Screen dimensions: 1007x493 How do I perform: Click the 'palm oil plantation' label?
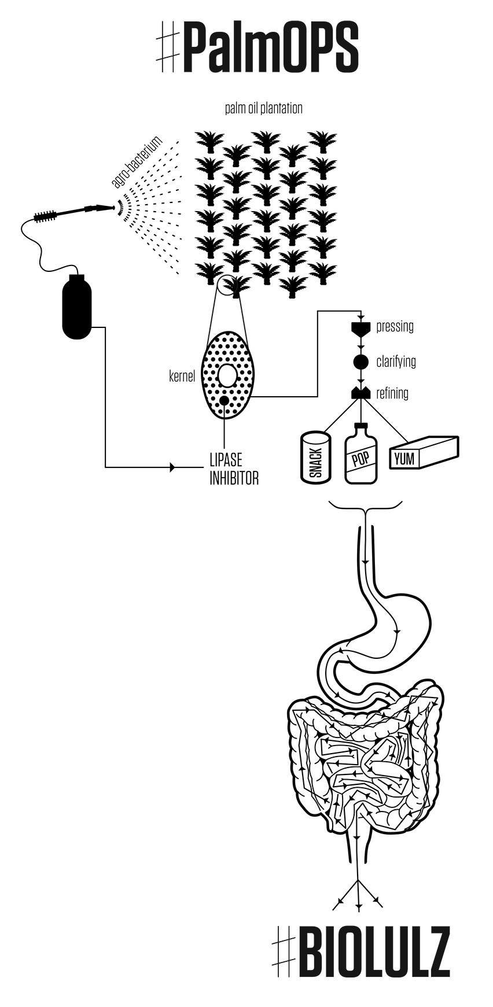click(263, 108)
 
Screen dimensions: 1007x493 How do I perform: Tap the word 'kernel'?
click(182, 377)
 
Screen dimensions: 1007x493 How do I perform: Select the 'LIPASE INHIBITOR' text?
click(233, 469)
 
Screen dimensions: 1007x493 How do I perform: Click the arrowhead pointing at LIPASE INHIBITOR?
click(171, 467)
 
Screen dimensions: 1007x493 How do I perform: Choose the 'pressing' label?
click(395, 326)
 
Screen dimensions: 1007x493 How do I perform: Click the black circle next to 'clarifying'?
click(361, 362)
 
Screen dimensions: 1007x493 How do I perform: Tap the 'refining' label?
click(392, 393)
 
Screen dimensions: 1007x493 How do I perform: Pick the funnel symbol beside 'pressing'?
click(361, 329)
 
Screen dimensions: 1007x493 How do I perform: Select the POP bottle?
click(361, 455)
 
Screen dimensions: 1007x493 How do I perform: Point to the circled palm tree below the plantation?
click(234, 285)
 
